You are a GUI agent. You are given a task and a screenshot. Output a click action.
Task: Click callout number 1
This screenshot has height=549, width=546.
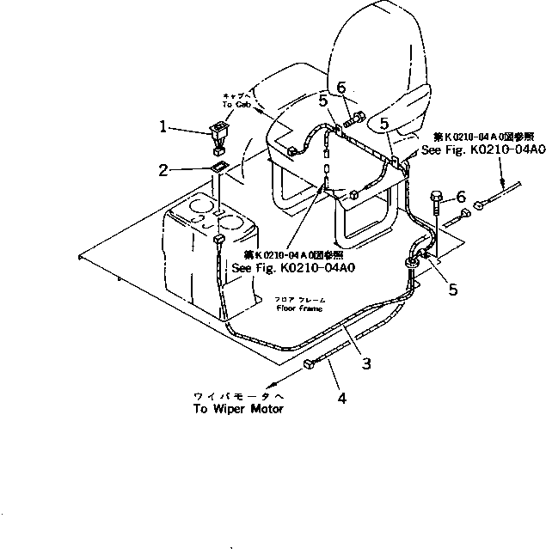tap(163, 126)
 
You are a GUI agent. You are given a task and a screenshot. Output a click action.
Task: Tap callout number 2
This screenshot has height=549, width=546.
tap(163, 170)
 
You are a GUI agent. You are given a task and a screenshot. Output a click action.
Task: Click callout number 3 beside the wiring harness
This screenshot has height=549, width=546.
tap(366, 363)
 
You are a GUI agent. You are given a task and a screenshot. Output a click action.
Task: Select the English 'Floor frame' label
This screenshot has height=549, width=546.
tap(297, 307)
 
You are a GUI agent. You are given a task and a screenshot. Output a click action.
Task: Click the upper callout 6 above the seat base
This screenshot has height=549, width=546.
tap(341, 87)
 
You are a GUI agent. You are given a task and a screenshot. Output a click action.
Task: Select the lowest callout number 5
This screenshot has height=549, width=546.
tap(452, 290)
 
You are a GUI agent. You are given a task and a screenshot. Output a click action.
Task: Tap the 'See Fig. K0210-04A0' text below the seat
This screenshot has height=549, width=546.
tap(292, 267)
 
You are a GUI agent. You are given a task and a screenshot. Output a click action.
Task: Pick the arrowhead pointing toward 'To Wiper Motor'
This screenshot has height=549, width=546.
tap(273, 386)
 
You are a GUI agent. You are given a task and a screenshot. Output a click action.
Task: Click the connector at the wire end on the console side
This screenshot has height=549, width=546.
tap(219, 240)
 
